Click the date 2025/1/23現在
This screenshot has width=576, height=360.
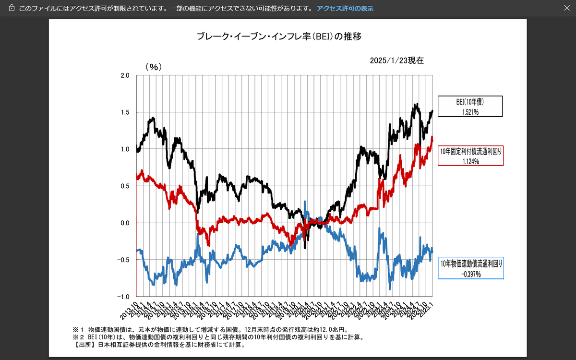point(396,60)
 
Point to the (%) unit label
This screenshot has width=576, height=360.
point(154,67)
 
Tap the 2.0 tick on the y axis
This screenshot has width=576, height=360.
point(124,75)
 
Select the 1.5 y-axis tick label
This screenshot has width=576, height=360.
point(124,112)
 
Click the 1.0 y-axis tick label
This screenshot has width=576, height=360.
point(124,149)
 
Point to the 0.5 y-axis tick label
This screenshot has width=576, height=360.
point(124,186)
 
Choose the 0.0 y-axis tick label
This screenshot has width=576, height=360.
point(124,223)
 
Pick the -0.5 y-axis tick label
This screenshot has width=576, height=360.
point(123,260)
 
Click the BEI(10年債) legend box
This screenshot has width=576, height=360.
point(470,106)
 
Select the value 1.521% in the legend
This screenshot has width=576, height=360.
point(470,112)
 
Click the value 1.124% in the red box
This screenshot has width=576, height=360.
point(471,161)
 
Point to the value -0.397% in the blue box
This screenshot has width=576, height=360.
point(471,274)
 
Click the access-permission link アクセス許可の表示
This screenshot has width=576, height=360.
point(345,9)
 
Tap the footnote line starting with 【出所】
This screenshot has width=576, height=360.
point(158,345)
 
